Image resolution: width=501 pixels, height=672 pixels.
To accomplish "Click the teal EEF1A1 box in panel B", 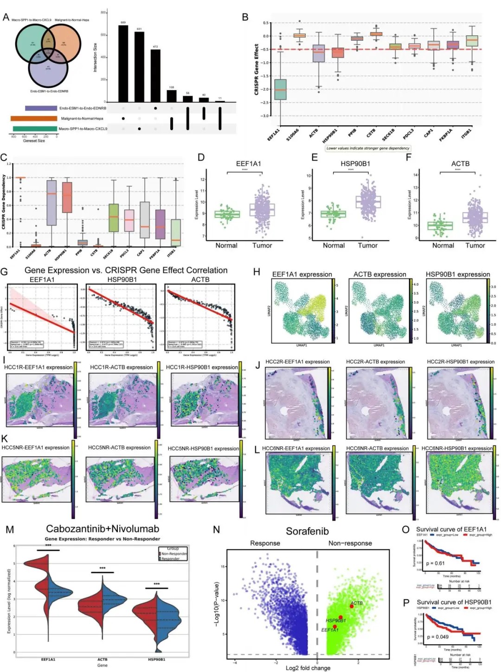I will [x=280, y=89].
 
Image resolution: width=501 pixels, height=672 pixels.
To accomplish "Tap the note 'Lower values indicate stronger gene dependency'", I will [x=368, y=149].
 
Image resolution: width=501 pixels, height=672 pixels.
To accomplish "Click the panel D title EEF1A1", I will [x=248, y=164].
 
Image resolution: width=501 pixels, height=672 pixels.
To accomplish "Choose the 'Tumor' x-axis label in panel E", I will [x=367, y=246].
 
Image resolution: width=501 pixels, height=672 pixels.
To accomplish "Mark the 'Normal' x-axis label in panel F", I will [x=443, y=246].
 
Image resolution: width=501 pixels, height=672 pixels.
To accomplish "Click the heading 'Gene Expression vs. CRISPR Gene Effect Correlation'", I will [x=126, y=270].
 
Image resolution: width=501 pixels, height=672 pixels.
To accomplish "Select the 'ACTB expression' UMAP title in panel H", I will [x=379, y=274].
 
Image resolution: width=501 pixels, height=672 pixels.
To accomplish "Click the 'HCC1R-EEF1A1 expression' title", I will [x=39, y=367].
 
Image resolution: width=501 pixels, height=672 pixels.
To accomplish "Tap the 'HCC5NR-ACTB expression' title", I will [x=119, y=448].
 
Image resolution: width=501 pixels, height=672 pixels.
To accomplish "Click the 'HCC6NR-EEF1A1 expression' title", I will [x=296, y=448].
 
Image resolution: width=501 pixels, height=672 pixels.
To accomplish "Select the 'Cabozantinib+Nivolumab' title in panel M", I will [x=103, y=529].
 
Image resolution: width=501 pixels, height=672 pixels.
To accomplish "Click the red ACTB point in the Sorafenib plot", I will [x=352, y=606].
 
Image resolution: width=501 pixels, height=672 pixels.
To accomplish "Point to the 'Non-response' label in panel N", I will [x=350, y=543].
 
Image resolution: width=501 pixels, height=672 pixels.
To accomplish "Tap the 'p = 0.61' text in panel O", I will [x=435, y=563].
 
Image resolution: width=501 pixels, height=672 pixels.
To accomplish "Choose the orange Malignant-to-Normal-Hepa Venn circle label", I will [x=72, y=20].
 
